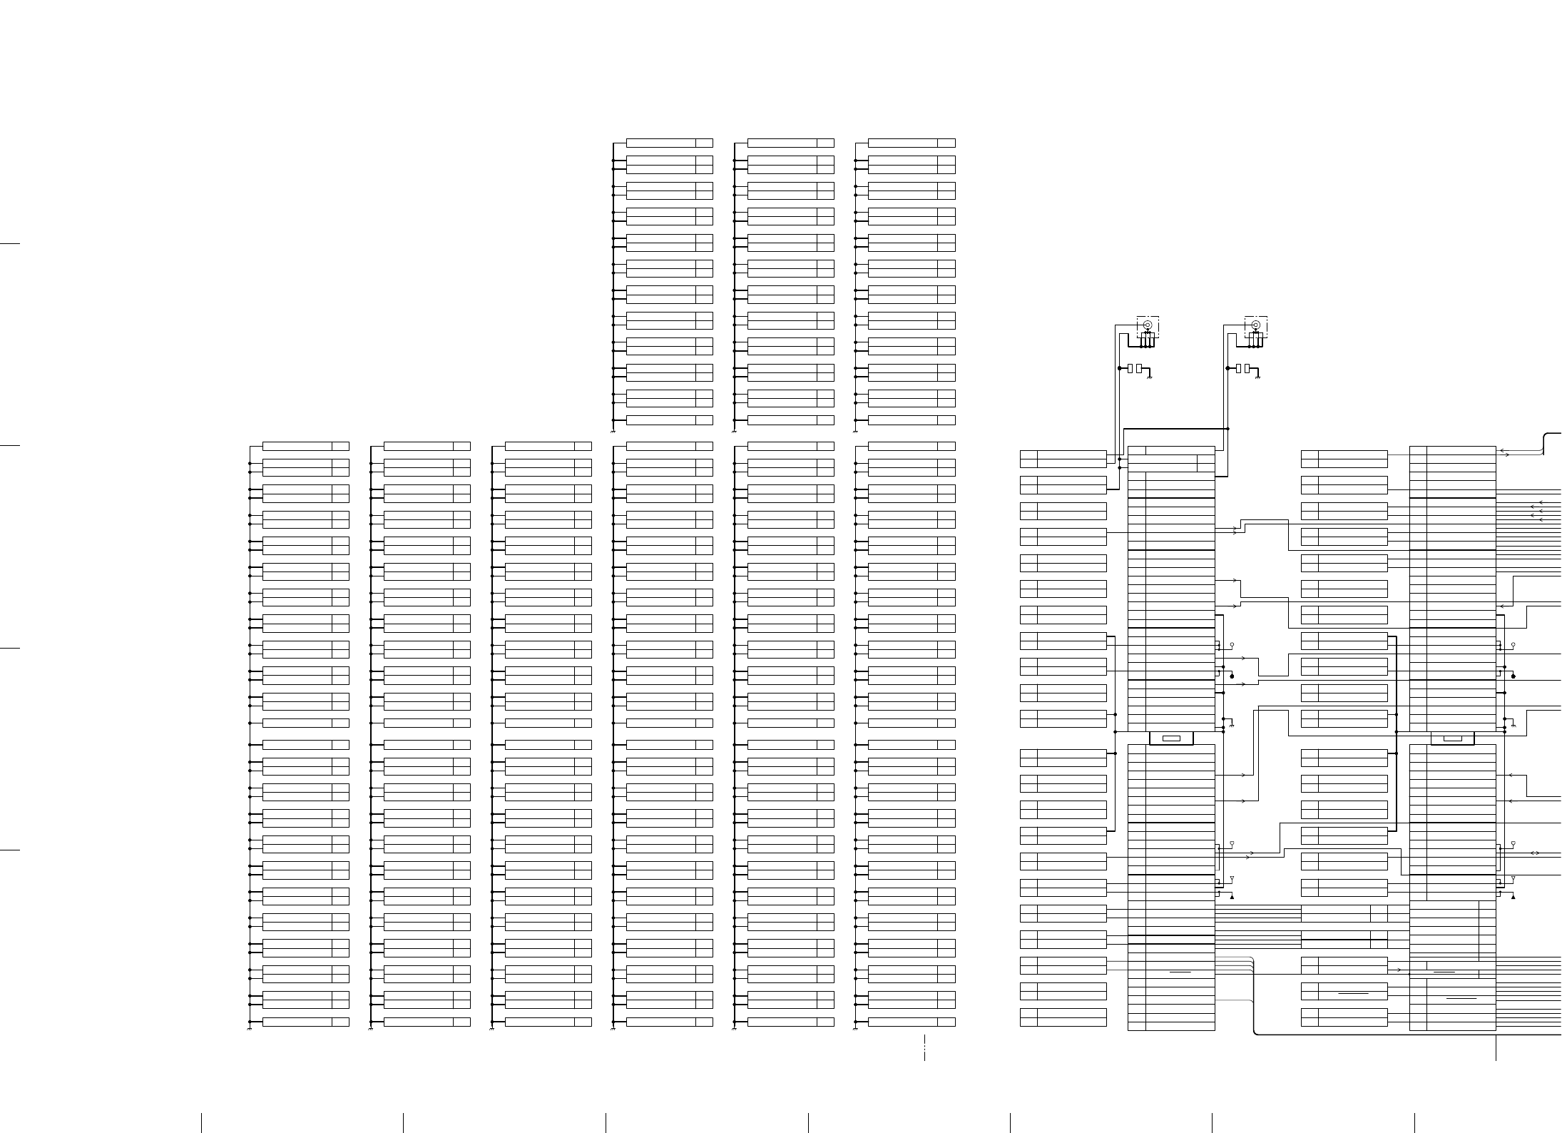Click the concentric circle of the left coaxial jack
click(x=1148, y=325)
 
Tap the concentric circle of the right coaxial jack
click(x=1256, y=325)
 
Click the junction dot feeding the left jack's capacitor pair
click(x=1119, y=368)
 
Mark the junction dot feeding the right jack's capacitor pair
click(x=1227, y=368)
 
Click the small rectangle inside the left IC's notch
click(x=1171, y=738)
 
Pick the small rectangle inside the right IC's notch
click(x=1452, y=738)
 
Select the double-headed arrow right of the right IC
click(x=1535, y=853)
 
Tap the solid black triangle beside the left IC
click(x=1232, y=897)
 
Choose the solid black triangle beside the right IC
click(x=1513, y=897)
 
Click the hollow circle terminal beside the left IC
click(x=1232, y=645)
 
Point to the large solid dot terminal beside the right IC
click(x=1513, y=676)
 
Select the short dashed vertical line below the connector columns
click(x=924, y=1048)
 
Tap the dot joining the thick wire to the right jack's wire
click(x=1227, y=429)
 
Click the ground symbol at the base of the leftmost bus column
click(x=249, y=1030)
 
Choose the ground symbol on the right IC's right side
click(x=1513, y=725)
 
